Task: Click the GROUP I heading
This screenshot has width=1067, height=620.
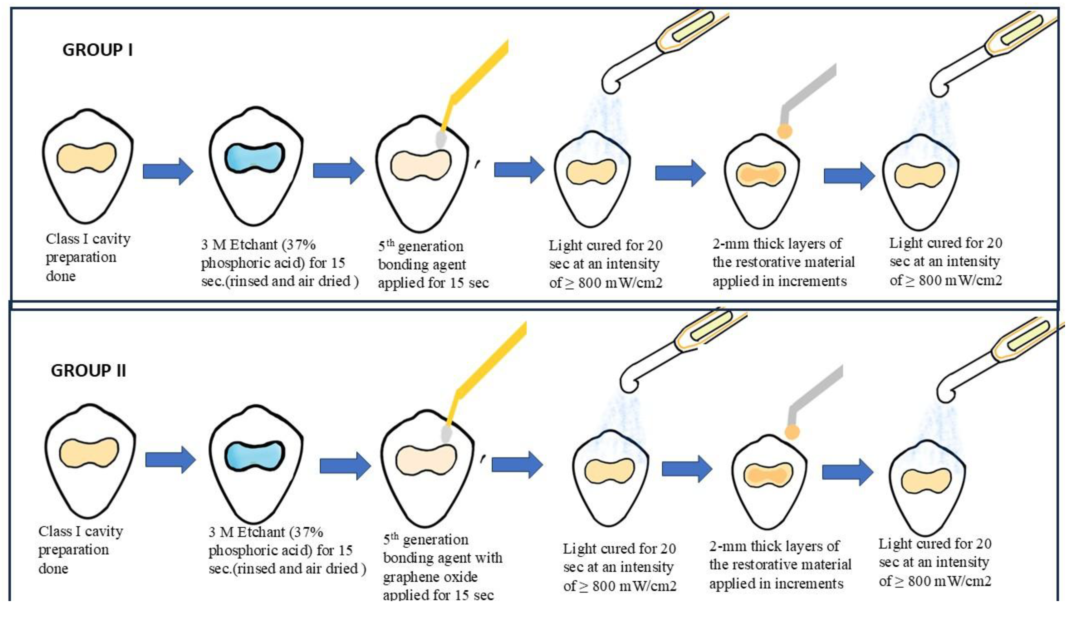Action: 98,50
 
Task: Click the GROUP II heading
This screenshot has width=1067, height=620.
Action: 88,371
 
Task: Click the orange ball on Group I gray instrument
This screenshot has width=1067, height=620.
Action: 785,131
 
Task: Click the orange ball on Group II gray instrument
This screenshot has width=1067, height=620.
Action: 792,432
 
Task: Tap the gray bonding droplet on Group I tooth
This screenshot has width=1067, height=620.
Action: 441,139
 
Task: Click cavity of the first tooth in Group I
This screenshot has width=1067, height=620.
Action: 86,157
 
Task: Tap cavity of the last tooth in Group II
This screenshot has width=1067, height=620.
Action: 926,481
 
